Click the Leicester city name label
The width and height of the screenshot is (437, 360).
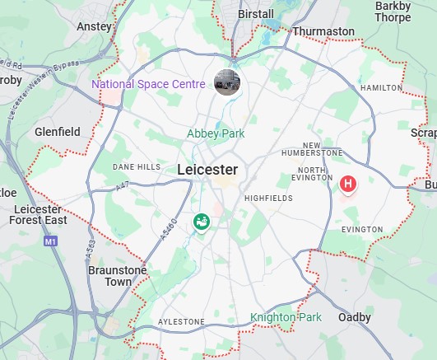207,170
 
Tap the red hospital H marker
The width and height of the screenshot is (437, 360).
348,184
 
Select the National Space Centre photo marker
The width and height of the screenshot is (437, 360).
227,82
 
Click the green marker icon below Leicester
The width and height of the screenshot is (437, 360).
201,222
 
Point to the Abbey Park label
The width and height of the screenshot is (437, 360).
216,133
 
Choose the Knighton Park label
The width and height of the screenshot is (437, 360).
286,317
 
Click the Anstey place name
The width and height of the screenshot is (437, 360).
93,26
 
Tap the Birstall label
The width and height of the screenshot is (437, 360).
255,14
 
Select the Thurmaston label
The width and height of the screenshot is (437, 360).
323,31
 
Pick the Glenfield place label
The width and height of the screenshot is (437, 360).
58,132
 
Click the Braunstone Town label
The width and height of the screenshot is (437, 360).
118,276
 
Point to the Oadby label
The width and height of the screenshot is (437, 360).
355,317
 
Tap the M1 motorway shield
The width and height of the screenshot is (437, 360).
51,242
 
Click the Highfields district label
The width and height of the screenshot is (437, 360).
268,198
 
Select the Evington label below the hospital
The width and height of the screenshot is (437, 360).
362,229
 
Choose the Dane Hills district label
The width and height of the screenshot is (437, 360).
137,166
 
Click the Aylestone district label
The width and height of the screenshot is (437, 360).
181,321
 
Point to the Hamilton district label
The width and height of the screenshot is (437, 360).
382,87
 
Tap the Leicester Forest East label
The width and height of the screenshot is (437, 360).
40,215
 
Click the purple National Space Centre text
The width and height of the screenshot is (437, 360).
149,84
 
